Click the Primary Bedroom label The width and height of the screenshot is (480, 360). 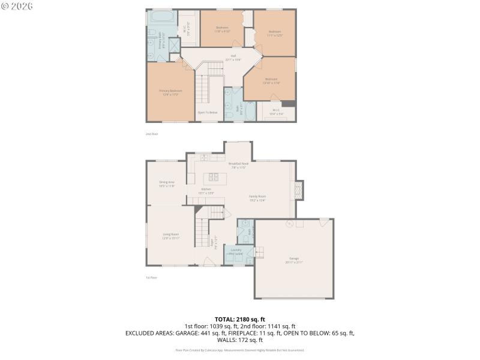coord(170,92)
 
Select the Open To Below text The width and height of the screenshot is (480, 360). coord(208,112)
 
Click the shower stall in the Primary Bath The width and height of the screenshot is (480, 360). coord(174,46)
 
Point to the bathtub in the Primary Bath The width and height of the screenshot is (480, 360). coord(160,17)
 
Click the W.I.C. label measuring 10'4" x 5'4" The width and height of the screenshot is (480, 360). coord(275,111)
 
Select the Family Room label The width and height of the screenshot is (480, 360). coord(257,198)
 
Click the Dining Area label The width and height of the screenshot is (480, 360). coord(166,184)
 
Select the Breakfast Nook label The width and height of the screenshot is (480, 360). coord(238,165)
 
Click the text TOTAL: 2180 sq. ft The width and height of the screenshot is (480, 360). coord(239,319)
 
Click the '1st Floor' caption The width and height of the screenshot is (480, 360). coord(152,277)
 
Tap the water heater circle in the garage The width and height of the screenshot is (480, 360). coord(289,224)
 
